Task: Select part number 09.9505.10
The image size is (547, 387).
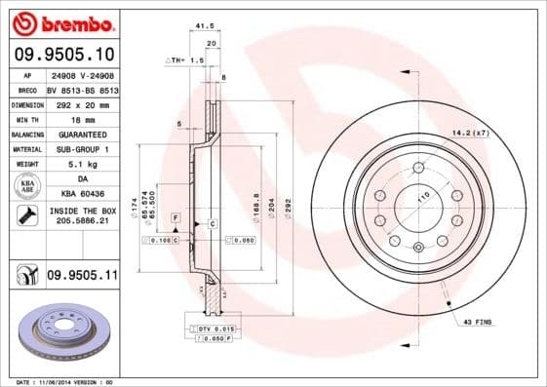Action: tap(63, 54)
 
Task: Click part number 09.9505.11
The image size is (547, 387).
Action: tap(81, 278)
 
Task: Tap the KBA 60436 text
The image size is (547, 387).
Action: tap(82, 195)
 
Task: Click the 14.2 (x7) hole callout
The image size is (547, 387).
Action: tap(468, 132)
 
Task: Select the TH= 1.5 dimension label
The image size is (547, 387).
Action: tap(185, 59)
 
